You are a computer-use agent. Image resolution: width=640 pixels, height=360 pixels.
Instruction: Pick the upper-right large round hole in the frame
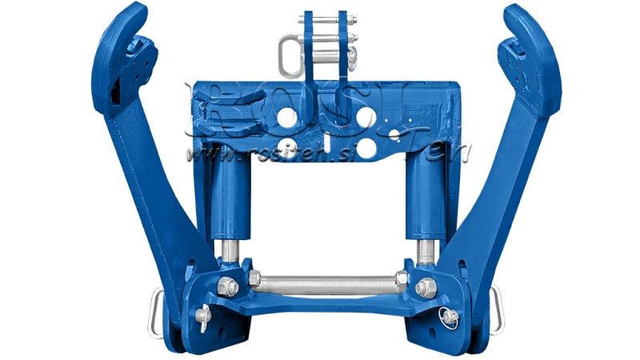click(365, 118)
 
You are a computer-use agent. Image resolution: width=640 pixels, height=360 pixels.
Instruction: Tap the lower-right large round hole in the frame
click(365, 149)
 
